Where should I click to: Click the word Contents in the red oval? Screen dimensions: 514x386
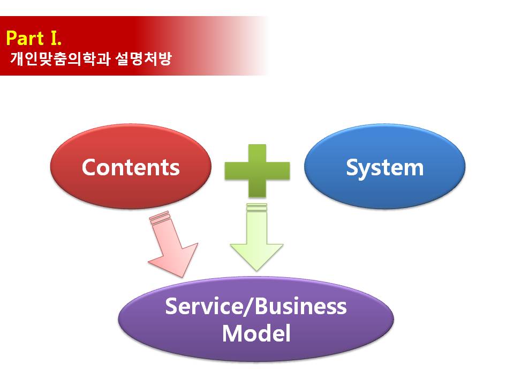coord(131,167)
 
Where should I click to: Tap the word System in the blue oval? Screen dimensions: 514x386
coord(385,168)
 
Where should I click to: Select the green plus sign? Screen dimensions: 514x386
coord(258,171)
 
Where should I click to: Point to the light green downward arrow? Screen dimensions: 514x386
coord(256,237)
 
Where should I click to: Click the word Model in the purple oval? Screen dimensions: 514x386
coord(256,333)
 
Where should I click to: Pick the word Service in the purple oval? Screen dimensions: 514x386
coord(203,306)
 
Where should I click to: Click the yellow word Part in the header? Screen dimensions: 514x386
coord(25,38)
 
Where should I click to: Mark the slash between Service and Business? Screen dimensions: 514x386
coord(248,307)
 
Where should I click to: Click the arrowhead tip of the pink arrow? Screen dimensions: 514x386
coord(182,277)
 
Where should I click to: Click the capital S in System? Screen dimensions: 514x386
coord(353,167)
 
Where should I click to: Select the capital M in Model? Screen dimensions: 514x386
coord(232,333)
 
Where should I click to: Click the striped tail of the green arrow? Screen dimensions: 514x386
coord(256,207)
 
